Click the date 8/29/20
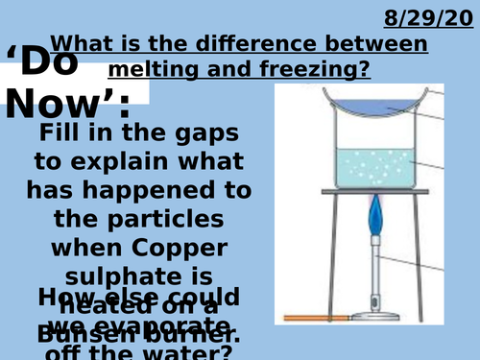point(429,18)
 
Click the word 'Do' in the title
point(54,62)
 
